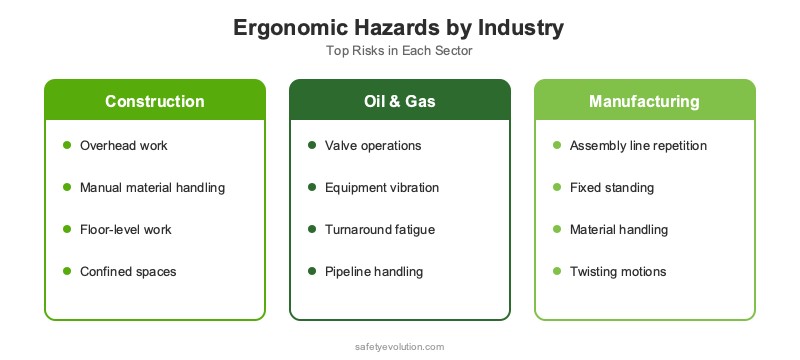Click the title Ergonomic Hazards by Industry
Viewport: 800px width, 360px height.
[399, 28]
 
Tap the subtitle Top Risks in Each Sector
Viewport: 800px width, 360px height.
[399, 51]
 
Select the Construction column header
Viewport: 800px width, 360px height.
[155, 102]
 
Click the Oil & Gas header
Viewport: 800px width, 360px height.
[400, 102]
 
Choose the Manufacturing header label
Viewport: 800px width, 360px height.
[644, 102]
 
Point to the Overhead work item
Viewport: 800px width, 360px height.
[124, 146]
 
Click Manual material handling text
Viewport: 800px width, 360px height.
[152, 188]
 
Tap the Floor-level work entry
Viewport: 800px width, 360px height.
[126, 230]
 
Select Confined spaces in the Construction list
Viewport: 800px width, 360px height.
[128, 272]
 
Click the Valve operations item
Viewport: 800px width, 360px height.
[373, 146]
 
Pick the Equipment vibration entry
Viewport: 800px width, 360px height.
[382, 188]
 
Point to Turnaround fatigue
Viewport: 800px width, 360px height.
[381, 230]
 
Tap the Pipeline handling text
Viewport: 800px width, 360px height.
[374, 272]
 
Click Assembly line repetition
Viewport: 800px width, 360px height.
[638, 146]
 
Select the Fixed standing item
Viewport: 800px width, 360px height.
[598, 188]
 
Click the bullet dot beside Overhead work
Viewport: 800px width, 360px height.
[67, 146]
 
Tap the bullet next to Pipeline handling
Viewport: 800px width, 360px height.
[312, 272]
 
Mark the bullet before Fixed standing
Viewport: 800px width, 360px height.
[557, 188]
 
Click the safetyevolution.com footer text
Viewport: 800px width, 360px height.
[399, 346]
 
